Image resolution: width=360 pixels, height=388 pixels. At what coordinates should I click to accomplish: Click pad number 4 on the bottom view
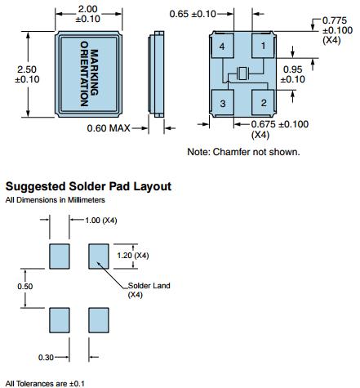coord(223,46)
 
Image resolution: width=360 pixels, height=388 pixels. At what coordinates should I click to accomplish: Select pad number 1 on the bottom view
coord(263,46)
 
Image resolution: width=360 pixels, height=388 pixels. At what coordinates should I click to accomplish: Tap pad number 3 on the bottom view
coord(223,103)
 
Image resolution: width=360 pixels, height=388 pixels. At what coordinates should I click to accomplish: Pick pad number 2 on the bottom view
coord(263,102)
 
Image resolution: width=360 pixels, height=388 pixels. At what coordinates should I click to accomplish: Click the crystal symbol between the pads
coord(242,74)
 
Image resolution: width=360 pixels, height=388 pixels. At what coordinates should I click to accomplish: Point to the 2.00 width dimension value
coord(87,9)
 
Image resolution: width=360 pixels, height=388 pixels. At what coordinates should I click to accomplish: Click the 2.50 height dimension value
coord(27,69)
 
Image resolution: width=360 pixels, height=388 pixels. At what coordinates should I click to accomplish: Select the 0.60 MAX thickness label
coord(109,128)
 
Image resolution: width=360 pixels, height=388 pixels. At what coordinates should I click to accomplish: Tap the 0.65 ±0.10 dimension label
coord(193,14)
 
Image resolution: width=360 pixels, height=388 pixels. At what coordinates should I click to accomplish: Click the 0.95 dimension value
coord(292,69)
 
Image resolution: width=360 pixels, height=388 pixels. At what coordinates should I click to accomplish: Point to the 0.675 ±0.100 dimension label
coord(280,124)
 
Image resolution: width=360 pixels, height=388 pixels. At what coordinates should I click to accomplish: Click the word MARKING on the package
coord(94,73)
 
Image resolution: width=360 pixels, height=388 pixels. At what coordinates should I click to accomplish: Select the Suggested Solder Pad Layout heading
coord(88,186)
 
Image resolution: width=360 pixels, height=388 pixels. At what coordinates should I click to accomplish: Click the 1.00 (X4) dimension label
coord(101,220)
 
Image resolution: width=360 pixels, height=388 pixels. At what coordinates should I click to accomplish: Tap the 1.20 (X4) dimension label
coord(133,256)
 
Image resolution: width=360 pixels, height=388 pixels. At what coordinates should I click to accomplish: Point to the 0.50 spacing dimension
coord(25,286)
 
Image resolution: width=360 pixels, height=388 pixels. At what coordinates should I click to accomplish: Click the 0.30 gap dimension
coord(46,357)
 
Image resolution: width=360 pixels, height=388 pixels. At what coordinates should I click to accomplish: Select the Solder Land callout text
coord(149,285)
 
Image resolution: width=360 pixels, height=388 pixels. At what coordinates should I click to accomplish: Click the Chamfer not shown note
coord(243,152)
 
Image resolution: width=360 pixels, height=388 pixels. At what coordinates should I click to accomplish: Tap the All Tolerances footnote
coord(45,384)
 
